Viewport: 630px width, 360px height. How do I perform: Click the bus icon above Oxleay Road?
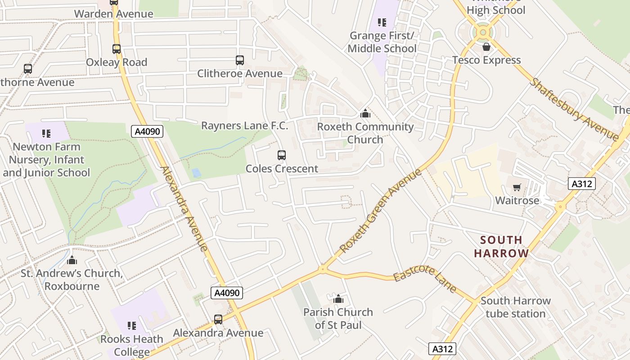117,49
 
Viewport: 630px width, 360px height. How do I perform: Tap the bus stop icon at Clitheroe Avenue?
240,60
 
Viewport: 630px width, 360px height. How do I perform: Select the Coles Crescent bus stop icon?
282,155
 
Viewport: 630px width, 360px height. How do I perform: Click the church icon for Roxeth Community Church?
365,113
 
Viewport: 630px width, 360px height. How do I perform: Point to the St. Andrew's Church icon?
72,260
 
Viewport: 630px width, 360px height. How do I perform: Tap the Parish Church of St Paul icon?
338,298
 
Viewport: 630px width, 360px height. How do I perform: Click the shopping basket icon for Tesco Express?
486,47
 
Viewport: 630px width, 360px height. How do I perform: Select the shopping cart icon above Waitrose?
517,187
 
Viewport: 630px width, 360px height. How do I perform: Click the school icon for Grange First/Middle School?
382,22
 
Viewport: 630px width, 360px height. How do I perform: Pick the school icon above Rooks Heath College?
132,325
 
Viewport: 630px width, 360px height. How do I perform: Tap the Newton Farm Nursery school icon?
46,133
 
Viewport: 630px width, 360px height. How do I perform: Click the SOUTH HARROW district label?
501,247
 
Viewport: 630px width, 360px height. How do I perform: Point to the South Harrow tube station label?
515,307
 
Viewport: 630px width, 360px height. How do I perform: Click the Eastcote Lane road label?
425,279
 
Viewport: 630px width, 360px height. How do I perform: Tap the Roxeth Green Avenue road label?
381,210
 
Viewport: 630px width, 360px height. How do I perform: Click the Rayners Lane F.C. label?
244,126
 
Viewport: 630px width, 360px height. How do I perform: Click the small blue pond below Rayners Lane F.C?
196,173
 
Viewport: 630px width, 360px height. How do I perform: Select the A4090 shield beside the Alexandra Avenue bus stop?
227,293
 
